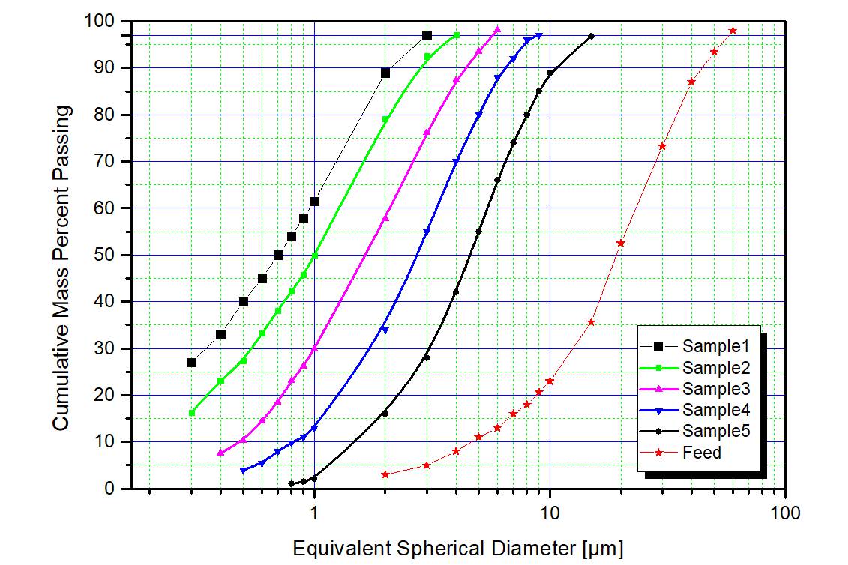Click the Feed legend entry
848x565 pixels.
pyautogui.click(x=702, y=453)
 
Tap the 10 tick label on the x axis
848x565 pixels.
pyautogui.click(x=550, y=513)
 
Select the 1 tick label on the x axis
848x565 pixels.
pyautogui.click(x=314, y=513)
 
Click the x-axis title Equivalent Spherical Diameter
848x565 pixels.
pyautogui.click(x=457, y=548)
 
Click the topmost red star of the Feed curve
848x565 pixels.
pyautogui.click(x=733, y=31)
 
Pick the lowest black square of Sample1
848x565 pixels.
pyautogui.click(x=191, y=363)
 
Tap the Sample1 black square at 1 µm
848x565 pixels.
pyautogui.click(x=314, y=202)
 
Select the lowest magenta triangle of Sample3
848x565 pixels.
pyautogui.click(x=220, y=453)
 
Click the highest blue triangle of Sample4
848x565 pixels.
pyautogui.click(x=539, y=36)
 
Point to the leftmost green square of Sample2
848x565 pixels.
pyautogui.click(x=192, y=413)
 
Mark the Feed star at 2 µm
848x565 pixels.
pyautogui.click(x=385, y=474)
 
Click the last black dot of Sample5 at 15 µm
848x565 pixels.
pyautogui.click(x=592, y=36)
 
